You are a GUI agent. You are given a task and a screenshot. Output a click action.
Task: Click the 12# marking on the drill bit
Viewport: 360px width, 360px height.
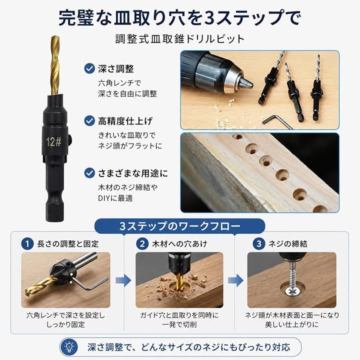pyautogui.click(x=53, y=141)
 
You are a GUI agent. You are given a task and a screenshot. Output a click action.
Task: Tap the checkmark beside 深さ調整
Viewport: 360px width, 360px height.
pyautogui.click(x=89, y=68)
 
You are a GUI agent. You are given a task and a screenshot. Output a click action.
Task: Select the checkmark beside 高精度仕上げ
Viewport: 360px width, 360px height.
pyautogui.click(x=89, y=121)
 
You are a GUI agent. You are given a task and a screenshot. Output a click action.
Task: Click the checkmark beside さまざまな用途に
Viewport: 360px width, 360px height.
pyautogui.click(x=89, y=173)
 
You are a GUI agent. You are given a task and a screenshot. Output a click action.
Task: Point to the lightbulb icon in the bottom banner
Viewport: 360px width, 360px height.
pyautogui.click(x=69, y=347)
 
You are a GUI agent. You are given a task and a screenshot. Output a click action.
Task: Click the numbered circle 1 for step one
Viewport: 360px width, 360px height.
pyautogui.click(x=27, y=243)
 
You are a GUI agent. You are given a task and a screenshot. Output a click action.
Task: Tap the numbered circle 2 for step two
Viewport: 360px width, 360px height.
pyautogui.click(x=142, y=243)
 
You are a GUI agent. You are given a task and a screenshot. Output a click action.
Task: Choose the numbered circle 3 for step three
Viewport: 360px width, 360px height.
pyautogui.click(x=259, y=243)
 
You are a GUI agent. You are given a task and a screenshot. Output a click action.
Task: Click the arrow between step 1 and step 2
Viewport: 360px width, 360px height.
pyautogui.click(x=123, y=280)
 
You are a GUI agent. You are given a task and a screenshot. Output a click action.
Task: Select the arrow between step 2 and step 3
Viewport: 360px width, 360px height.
pyautogui.click(x=236, y=280)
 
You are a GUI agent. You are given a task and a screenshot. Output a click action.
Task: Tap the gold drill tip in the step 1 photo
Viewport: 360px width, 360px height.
pyautogui.click(x=39, y=286)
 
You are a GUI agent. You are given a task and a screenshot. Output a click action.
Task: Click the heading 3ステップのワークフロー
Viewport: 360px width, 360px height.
pyautogui.click(x=180, y=226)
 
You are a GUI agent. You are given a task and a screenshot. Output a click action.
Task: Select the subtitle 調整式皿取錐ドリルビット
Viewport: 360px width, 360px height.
pyautogui.click(x=180, y=39)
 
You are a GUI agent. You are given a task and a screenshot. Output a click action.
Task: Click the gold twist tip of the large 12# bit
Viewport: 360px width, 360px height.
pyautogui.click(x=55, y=65)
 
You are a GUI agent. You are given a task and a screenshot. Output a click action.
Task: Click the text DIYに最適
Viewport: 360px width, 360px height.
pyautogui.click(x=115, y=198)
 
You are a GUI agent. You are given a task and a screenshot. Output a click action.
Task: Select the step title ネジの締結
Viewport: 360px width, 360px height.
pyautogui.click(x=287, y=243)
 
